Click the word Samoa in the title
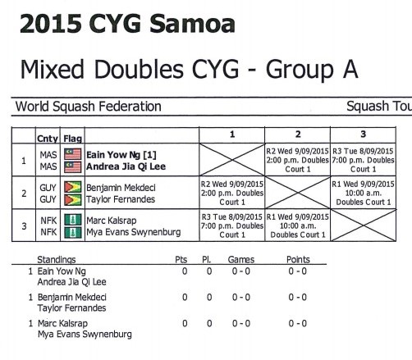click(x=192, y=24)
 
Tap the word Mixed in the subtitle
click(x=52, y=69)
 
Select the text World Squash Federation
click(x=89, y=107)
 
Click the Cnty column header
click(x=48, y=139)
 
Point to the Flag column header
click(x=72, y=139)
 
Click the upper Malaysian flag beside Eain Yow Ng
click(x=72, y=154)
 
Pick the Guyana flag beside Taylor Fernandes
click(x=72, y=200)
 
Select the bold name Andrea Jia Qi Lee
click(x=126, y=166)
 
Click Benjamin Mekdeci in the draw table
click(x=121, y=188)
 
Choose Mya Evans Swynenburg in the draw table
click(x=134, y=232)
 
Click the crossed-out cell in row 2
click(x=298, y=193)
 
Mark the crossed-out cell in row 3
click(x=364, y=226)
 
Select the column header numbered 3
click(x=363, y=134)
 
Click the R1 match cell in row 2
click(x=363, y=193)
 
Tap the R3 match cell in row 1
click(x=363, y=160)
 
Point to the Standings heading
click(x=57, y=260)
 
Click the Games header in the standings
click(x=241, y=259)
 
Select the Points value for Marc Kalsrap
click(x=298, y=323)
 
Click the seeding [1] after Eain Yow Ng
click(x=149, y=155)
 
